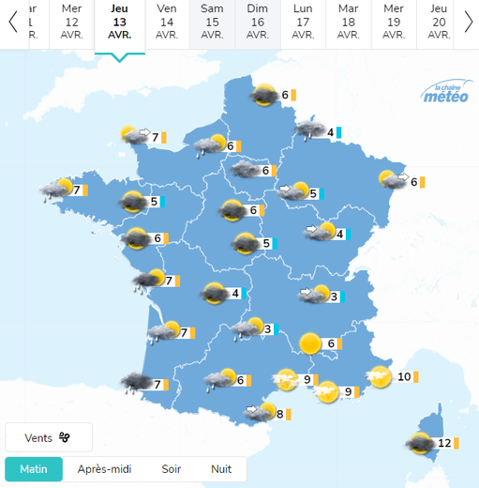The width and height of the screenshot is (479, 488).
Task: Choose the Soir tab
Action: click(x=172, y=469)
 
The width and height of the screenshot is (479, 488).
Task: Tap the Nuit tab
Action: click(x=221, y=469)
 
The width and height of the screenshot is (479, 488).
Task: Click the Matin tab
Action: click(x=34, y=469)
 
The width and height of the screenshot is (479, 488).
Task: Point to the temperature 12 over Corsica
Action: click(x=444, y=443)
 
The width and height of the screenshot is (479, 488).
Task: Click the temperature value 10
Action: click(x=405, y=377)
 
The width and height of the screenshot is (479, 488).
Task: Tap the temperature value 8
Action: click(x=279, y=413)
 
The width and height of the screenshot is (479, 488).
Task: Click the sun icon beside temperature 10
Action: click(x=380, y=377)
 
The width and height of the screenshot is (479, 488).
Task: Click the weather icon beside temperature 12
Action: click(x=418, y=443)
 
